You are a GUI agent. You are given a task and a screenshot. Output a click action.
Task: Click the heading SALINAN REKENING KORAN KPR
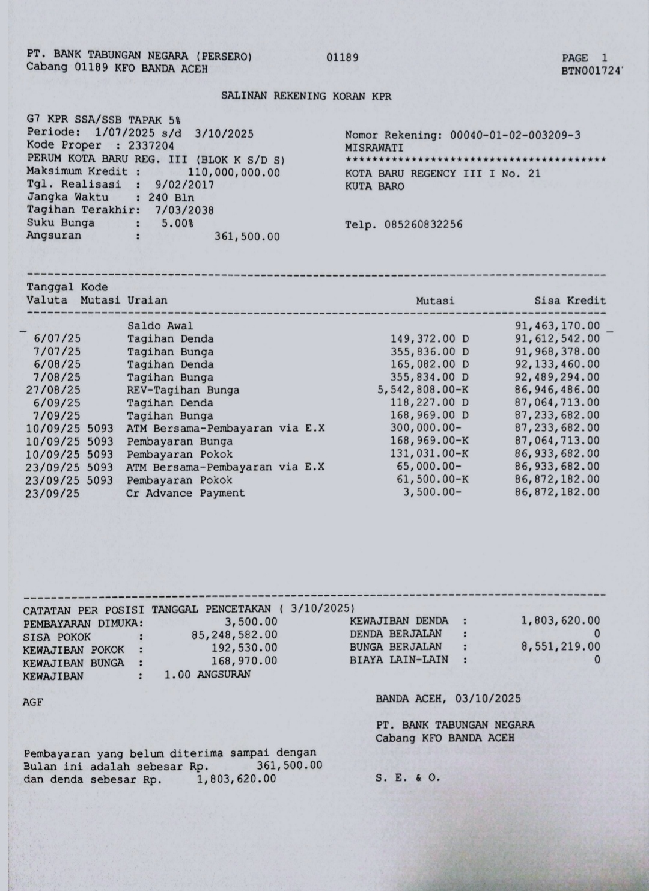tap(306, 96)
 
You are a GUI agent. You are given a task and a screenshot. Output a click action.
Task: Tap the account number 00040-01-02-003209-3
tap(515, 135)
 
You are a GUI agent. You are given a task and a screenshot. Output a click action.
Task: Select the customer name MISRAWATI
tap(374, 148)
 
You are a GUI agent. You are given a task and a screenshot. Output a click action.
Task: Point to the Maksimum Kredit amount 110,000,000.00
tap(234, 172)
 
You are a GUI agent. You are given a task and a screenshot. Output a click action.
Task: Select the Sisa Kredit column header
tap(570, 301)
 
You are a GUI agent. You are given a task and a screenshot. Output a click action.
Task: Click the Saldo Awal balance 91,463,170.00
tap(557, 326)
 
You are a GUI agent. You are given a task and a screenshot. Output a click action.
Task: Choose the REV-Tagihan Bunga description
tap(183, 390)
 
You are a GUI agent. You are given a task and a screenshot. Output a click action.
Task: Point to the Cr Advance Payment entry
tap(185, 493)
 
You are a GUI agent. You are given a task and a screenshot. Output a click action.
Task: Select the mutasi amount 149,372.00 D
tap(430, 339)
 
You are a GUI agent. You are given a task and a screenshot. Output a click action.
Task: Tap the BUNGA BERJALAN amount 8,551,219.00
tap(561, 646)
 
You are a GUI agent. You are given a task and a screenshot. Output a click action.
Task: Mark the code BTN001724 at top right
tap(591, 71)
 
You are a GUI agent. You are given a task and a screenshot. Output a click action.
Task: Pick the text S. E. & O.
tap(408, 777)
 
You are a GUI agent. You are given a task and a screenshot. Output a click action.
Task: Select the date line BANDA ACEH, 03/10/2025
tap(448, 699)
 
